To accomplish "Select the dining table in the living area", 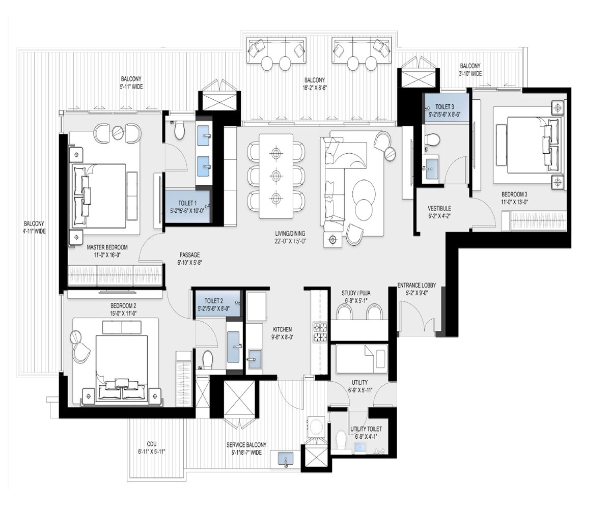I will tap(276, 176).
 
